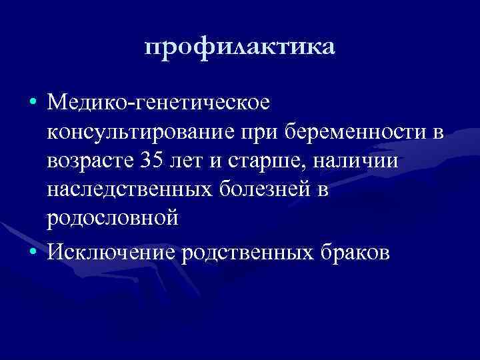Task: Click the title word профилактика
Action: click(x=240, y=47)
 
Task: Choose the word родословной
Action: click(x=112, y=219)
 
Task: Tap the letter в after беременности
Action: click(x=437, y=133)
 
